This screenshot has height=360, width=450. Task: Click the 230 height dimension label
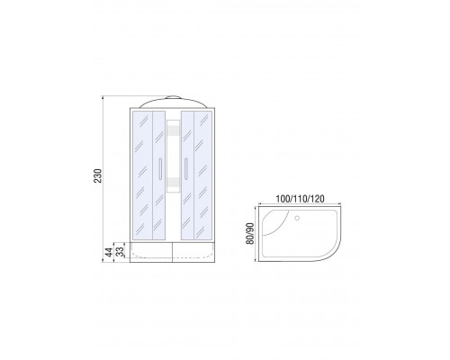tap(98, 175)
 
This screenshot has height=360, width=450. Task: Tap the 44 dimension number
tap(109, 252)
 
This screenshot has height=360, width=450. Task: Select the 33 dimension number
tap(120, 252)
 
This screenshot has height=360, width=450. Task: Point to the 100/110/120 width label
tap(300, 199)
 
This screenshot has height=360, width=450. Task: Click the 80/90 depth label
tap(250, 233)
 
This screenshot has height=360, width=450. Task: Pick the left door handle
tap(160, 168)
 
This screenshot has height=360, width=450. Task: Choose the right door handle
tap(186, 168)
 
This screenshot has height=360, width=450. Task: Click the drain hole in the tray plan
tap(297, 218)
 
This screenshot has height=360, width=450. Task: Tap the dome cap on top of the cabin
tap(173, 97)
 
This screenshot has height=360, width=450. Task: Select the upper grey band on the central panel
tap(173, 130)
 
